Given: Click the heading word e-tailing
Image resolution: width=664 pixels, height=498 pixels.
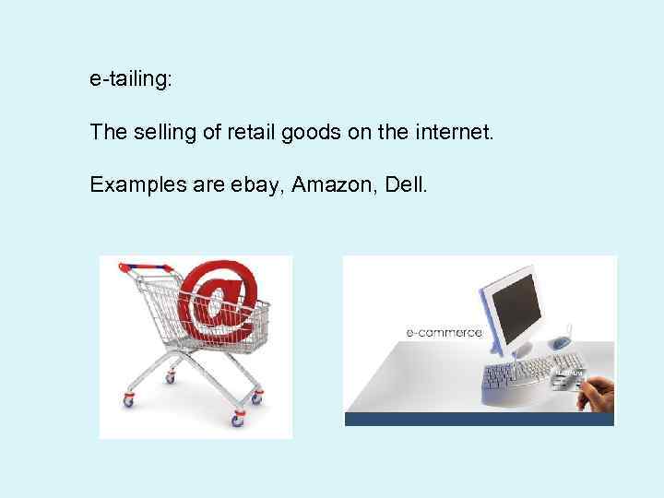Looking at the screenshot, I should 129,80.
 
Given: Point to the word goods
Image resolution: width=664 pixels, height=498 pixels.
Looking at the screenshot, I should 314,133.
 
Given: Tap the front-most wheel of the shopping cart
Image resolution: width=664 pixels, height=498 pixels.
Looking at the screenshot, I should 237,420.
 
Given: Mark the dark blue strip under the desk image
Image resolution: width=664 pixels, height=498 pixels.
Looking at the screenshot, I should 479,419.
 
